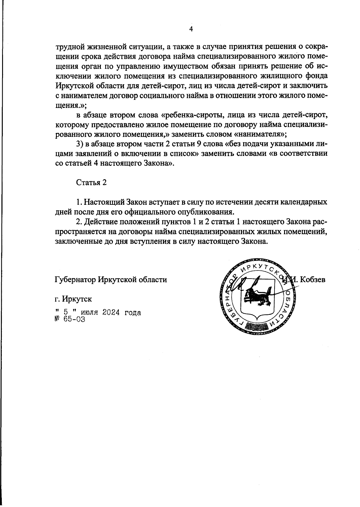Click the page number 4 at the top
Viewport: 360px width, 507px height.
(191, 29)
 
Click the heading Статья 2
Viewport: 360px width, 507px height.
(91, 183)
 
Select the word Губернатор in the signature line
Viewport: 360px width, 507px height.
(75, 280)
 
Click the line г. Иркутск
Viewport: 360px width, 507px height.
(73, 299)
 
